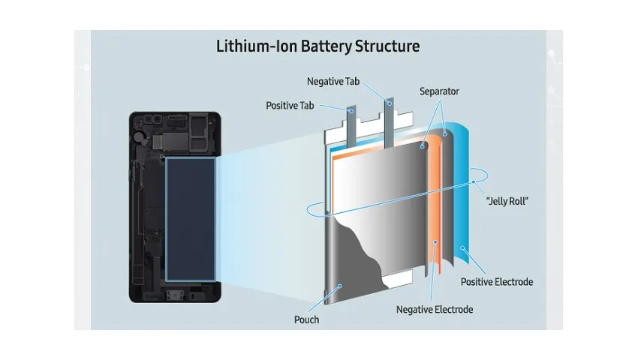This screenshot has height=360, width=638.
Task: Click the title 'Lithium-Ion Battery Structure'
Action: point(317,46)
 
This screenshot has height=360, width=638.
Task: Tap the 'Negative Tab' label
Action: point(333,81)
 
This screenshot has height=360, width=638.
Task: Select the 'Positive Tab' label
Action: point(290,106)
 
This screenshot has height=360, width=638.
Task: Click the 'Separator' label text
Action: point(439,91)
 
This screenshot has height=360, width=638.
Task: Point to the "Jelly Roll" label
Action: point(507,201)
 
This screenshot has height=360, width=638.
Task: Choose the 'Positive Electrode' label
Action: point(497,282)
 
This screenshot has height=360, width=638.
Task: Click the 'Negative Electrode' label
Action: point(435,310)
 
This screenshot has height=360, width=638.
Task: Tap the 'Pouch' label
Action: point(306,319)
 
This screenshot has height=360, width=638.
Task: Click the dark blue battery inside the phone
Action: point(191,219)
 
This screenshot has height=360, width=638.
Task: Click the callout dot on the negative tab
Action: point(390,103)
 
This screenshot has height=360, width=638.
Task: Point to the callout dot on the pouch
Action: point(340,286)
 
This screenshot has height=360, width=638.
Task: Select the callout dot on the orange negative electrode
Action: point(435,242)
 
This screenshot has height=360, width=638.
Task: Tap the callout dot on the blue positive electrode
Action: point(462,247)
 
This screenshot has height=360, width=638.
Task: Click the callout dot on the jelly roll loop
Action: point(473,181)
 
